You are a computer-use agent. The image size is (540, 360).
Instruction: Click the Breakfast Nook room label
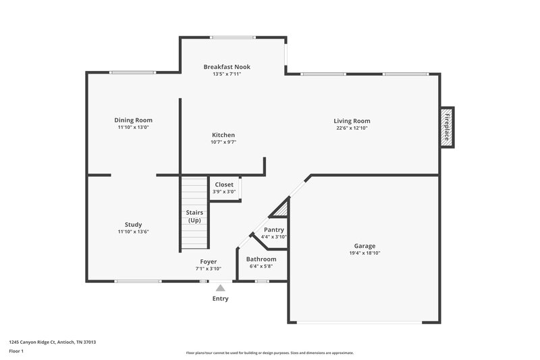click(227, 67)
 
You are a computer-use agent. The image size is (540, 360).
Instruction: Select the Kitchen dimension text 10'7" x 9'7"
click(223, 143)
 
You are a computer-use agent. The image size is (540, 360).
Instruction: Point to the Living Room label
click(352, 121)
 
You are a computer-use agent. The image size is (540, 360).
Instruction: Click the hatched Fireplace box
click(447, 126)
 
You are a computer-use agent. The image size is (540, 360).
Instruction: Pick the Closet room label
click(224, 184)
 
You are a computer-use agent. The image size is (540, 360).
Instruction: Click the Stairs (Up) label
click(194, 217)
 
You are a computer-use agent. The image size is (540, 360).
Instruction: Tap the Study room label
click(133, 224)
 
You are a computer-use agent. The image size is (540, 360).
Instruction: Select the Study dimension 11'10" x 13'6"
click(133, 232)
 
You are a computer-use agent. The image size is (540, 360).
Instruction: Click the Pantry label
click(273, 230)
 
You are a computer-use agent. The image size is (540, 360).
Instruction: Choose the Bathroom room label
click(261, 259)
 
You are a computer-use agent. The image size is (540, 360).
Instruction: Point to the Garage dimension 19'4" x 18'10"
click(365, 253)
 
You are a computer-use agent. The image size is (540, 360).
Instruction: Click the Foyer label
click(208, 261)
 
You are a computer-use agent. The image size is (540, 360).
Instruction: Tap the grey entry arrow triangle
click(220, 288)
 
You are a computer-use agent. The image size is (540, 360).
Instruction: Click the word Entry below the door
click(220, 299)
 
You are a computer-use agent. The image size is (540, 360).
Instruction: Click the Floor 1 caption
click(16, 352)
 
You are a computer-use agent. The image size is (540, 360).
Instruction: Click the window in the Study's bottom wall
click(137, 281)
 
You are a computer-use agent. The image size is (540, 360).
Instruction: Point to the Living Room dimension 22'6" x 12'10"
click(352, 128)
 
